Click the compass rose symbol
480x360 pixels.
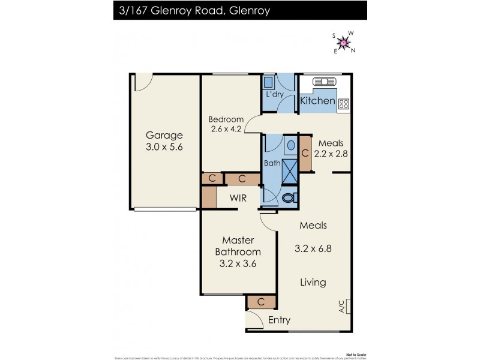pos(344,43)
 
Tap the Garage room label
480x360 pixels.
pos(164,135)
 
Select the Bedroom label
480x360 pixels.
pos(226,118)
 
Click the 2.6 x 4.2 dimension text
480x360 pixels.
pos(226,128)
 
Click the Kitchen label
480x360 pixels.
pos(317,101)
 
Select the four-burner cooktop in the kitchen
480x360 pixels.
pos(344,104)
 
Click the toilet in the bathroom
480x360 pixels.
pos(289,197)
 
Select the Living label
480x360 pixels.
pos(313,282)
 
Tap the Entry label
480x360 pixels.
pos(279,320)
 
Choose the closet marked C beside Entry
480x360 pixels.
pos(261,302)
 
